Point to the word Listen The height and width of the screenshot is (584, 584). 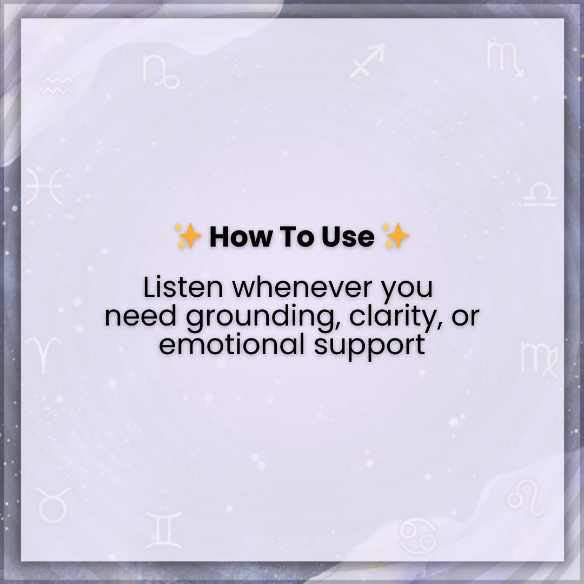tap(183, 288)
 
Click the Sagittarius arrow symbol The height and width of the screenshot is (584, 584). tap(368, 61)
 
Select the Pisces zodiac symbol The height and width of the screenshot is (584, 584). tap(44, 185)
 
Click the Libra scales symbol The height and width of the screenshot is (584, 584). tap(540, 194)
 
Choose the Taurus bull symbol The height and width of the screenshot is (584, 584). tap(52, 504)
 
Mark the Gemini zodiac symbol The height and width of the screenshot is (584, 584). tap(163, 529)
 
